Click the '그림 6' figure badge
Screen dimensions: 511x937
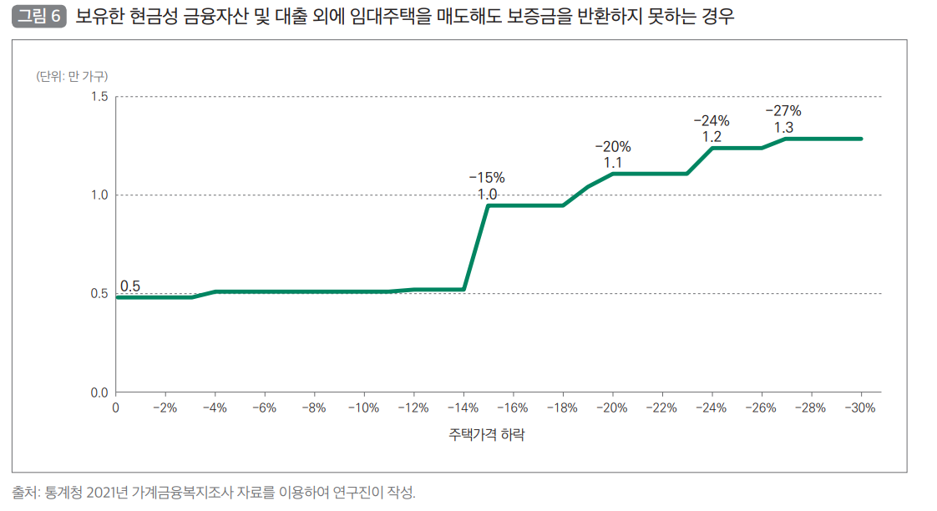pos(39,17)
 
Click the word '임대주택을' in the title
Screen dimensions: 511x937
pos(393,17)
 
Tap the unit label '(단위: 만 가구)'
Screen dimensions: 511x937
pos(72,77)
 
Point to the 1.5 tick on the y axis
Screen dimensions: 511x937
pos(99,97)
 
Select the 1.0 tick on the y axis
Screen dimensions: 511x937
pos(99,195)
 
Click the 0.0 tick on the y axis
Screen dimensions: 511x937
pos(99,392)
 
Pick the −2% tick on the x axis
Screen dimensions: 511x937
pos(165,408)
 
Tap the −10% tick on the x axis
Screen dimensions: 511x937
pos(363,408)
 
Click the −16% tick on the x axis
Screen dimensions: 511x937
pos(513,408)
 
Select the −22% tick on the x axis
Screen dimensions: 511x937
pos(661,408)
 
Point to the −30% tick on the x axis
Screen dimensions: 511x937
pos(860,408)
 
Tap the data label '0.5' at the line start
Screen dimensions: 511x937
pos(130,286)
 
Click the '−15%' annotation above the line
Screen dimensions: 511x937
pos(487,178)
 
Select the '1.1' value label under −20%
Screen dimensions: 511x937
pos(613,163)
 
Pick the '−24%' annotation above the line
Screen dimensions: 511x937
pos(712,120)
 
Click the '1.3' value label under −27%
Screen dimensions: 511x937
pos(783,128)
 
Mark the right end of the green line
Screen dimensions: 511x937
pos(860,139)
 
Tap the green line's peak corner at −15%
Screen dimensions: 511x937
pos(488,205)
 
